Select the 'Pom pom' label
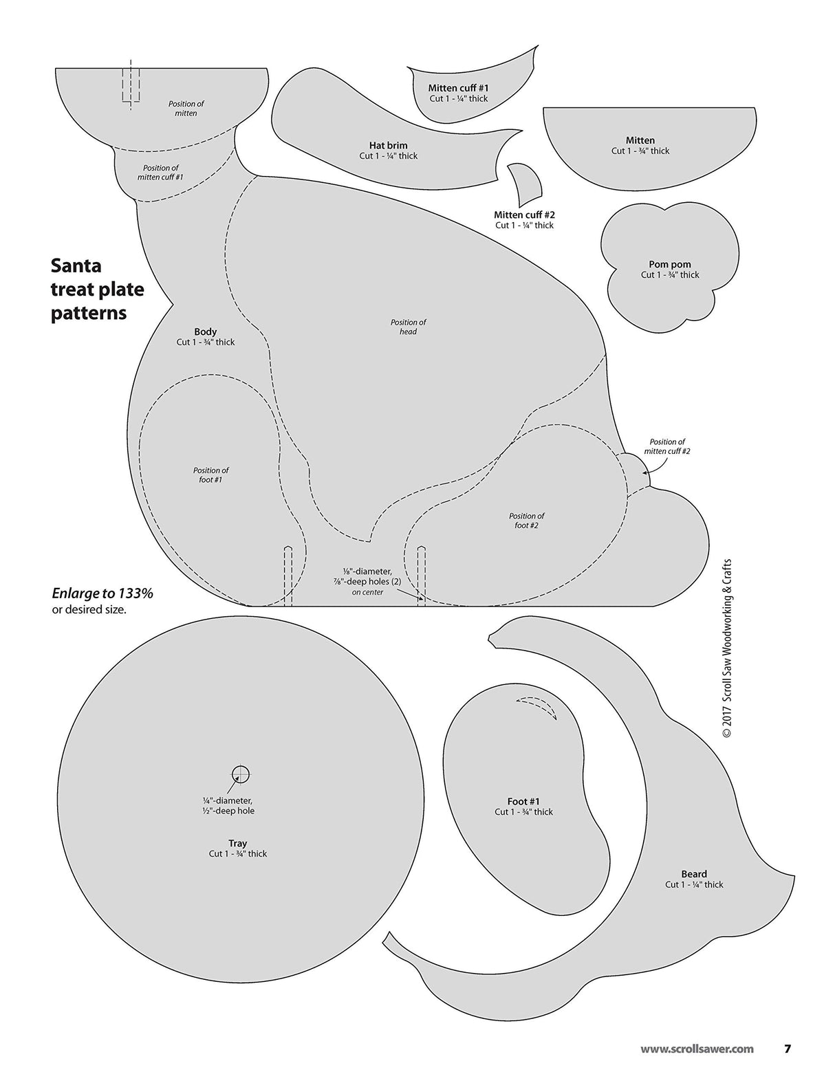(670, 264)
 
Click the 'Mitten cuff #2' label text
(524, 215)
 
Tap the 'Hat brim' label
(389, 145)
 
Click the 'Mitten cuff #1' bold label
(459, 88)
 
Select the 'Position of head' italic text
(409, 327)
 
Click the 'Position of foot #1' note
(211, 475)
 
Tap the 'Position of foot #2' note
(526, 521)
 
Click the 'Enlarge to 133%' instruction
(102, 593)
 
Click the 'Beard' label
(694, 874)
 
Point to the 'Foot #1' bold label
(523, 801)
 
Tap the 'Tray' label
(238, 843)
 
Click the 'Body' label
(206, 331)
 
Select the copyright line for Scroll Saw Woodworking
(727, 648)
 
